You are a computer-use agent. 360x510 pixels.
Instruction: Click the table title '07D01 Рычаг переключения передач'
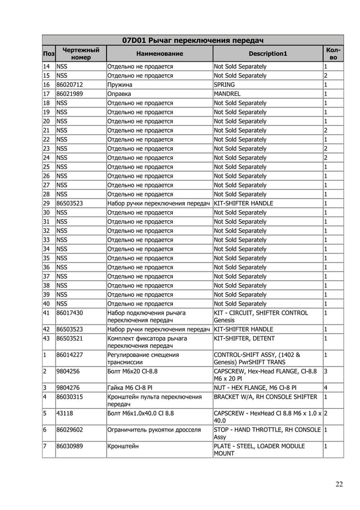[193, 40]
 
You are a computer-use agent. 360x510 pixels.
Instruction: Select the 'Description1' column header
[267, 54]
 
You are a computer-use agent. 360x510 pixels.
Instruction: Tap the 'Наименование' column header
[159, 54]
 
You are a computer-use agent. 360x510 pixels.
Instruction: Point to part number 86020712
[70, 85]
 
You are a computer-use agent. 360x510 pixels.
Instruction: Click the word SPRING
[225, 85]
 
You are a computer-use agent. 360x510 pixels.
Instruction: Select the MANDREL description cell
[227, 94]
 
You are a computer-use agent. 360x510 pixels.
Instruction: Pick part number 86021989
[70, 94]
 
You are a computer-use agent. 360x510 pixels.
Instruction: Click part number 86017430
[70, 313]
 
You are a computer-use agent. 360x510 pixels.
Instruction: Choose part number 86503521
[70, 338]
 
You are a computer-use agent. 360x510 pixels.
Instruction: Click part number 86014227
[70, 355]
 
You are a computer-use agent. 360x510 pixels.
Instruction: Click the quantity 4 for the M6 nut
[326, 387]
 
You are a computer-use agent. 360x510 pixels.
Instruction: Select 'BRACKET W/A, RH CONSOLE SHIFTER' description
[265, 397]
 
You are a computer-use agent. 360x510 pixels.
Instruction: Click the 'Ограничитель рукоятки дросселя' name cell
[154, 430]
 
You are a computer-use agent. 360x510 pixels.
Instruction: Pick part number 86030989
[70, 446]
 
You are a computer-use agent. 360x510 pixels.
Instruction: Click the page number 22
[339, 483]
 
